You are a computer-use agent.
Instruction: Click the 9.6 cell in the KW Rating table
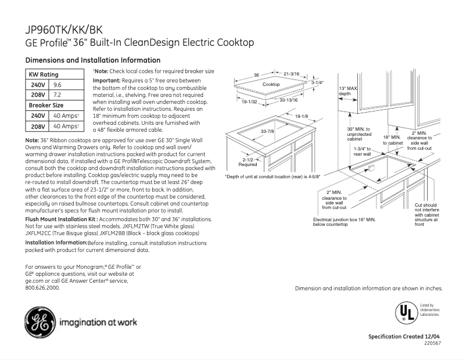58,85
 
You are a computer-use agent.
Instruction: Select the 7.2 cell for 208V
58,95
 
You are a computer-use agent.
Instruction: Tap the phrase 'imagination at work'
97,323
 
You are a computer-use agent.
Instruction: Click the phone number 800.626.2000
42,287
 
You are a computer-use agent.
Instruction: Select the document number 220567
433,344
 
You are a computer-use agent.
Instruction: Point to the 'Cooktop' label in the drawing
271,85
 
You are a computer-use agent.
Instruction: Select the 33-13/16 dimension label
288,100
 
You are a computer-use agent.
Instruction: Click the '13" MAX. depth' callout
348,91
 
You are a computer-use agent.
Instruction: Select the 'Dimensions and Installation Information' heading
93,60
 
